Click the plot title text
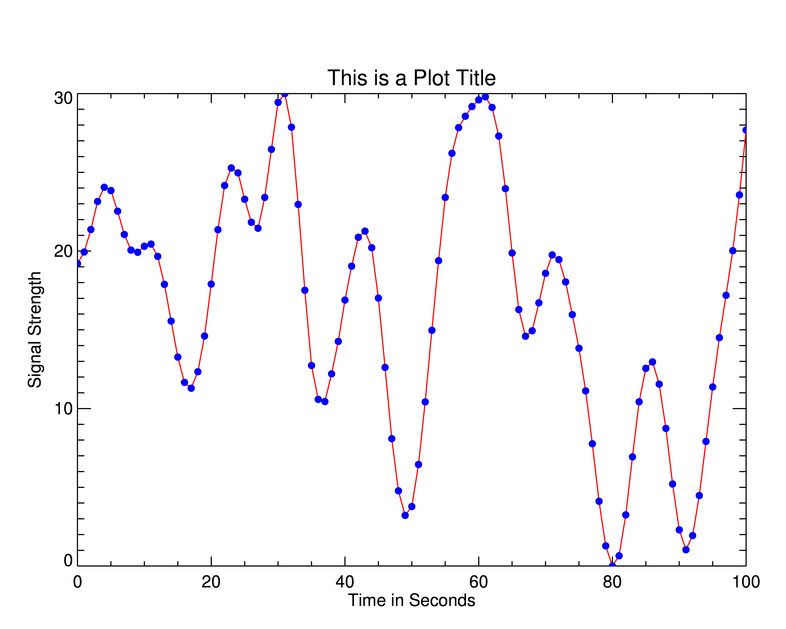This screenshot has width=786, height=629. click(411, 78)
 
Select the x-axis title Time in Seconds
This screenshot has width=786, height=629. click(411, 600)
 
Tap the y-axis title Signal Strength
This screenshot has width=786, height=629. click(35, 329)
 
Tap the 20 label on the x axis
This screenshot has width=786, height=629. click(211, 582)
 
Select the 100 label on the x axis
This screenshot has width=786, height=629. click(746, 582)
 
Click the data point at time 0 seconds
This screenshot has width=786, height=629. click(78, 263)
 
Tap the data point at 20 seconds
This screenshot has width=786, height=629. click(211, 284)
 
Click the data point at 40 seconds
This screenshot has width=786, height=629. click(345, 300)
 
